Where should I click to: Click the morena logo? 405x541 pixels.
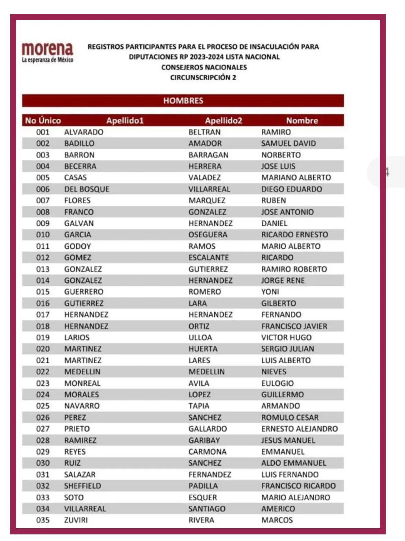point(47,52)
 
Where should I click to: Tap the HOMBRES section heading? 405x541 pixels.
point(183,101)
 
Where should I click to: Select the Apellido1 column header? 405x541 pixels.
point(125,121)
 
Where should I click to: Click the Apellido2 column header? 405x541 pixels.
point(223,121)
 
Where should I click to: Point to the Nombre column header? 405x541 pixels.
point(302,121)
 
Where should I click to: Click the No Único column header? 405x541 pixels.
point(43,121)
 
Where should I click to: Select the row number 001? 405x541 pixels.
point(43,132)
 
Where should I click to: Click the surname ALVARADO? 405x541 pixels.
point(84,132)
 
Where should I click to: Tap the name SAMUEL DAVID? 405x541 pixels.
point(288,143)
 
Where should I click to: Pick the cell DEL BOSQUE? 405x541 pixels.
point(87,189)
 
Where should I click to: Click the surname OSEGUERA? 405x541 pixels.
point(208,235)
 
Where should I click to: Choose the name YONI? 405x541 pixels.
point(270,292)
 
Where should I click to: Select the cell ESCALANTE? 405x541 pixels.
point(208,258)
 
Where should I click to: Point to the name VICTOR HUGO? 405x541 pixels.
point(286,337)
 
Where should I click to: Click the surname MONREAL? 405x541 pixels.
point(82,383)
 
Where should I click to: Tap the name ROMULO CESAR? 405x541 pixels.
point(290,417)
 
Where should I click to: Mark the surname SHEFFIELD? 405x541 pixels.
point(82,486)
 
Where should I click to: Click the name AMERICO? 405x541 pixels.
point(278,509)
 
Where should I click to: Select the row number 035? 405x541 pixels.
point(43,520)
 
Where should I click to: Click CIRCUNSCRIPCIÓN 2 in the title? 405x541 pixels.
point(203,78)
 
